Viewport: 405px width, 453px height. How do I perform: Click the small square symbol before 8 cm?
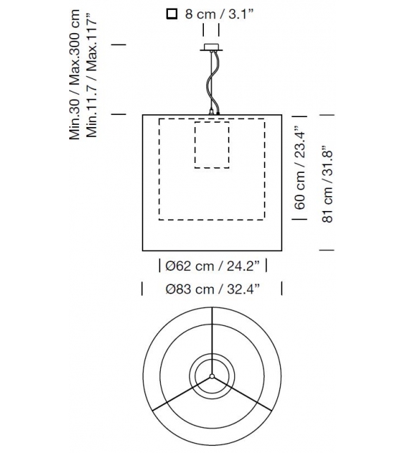[171, 13]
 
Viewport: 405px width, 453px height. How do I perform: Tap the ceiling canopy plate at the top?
[212, 48]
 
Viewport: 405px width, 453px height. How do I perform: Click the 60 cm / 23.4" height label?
[301, 168]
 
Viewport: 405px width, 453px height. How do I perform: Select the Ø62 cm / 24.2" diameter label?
[213, 266]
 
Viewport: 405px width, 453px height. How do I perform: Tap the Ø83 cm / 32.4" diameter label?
[212, 288]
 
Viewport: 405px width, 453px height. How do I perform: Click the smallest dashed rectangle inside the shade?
[212, 145]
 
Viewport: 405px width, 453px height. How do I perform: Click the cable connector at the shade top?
[213, 110]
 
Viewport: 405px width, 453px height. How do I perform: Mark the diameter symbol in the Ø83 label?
[169, 288]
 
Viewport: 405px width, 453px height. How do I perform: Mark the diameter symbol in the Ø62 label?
[169, 266]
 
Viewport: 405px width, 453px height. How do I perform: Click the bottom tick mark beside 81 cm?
[327, 250]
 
